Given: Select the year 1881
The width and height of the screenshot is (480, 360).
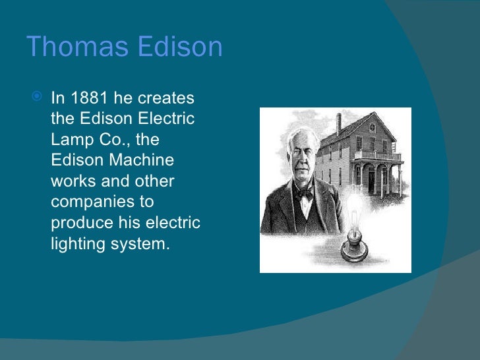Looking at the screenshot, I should (x=88, y=99).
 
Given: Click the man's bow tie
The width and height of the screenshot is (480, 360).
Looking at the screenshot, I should (x=303, y=195).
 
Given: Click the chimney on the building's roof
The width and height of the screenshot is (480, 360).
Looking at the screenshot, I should (x=339, y=123).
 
